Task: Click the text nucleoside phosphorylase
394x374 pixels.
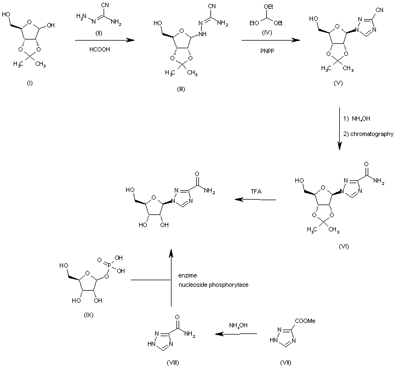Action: point(210,285)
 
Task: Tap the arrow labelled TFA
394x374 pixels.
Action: point(255,200)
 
